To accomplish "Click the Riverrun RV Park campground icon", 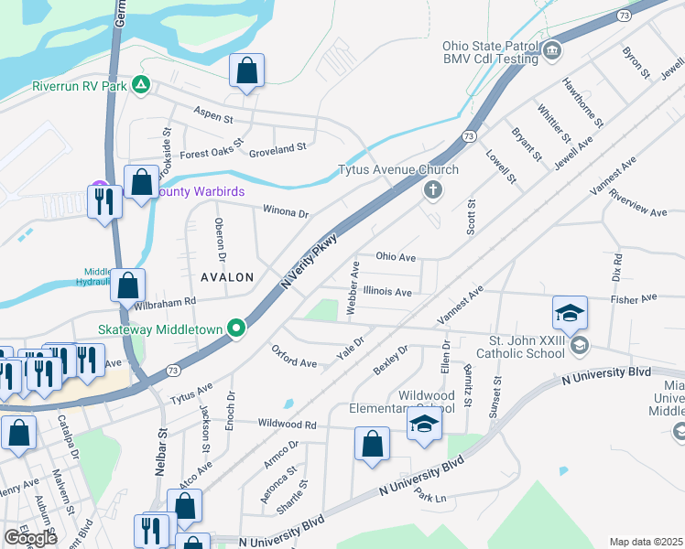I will click(140, 85).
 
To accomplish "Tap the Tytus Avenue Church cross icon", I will click(432, 190).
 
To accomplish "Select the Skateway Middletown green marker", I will click(236, 328).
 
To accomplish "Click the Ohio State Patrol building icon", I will click(551, 50).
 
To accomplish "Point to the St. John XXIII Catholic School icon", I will click(578, 345).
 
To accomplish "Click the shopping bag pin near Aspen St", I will click(246, 70).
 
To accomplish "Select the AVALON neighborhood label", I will click(223, 276).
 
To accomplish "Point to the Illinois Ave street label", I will click(387, 292).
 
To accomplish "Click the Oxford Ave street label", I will click(294, 357).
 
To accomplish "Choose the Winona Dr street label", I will click(286, 212).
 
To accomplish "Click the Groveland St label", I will click(277, 147).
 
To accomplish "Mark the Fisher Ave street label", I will click(636, 298).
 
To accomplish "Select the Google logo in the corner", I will click(30, 537).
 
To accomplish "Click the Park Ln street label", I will click(429, 496).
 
